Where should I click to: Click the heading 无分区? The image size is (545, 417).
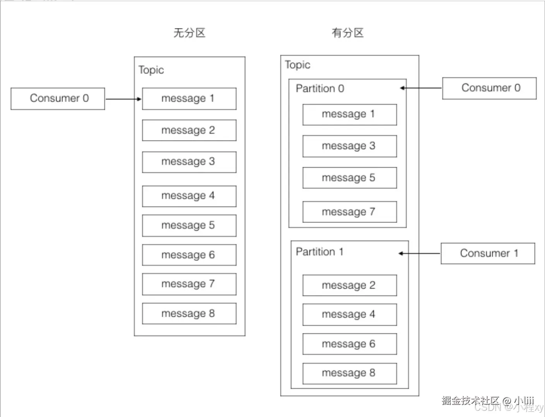189,33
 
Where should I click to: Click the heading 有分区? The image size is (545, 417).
347,33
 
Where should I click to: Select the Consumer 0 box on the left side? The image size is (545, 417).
58,99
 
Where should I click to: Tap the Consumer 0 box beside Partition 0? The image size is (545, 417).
489,88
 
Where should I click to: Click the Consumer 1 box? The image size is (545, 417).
488,254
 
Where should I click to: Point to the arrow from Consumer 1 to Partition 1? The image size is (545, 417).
420,254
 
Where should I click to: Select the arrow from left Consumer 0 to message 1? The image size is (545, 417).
123,99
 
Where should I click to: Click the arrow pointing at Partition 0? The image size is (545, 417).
421,88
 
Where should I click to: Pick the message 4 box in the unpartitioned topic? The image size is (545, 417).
189,196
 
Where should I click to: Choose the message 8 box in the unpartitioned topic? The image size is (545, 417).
189,313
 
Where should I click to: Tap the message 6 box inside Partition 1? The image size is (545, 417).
349,344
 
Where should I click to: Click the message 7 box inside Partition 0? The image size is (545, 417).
349,212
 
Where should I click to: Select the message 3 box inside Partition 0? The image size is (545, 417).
349,146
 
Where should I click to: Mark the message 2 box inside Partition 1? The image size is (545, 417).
349,285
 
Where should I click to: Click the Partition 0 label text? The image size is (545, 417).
320,89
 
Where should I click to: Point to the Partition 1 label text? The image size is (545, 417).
319,252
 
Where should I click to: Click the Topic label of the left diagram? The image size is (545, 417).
151,70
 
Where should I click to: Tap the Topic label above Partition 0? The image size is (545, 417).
297,65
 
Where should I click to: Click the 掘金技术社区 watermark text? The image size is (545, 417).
470,400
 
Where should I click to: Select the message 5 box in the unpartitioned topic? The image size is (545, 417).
189,226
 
